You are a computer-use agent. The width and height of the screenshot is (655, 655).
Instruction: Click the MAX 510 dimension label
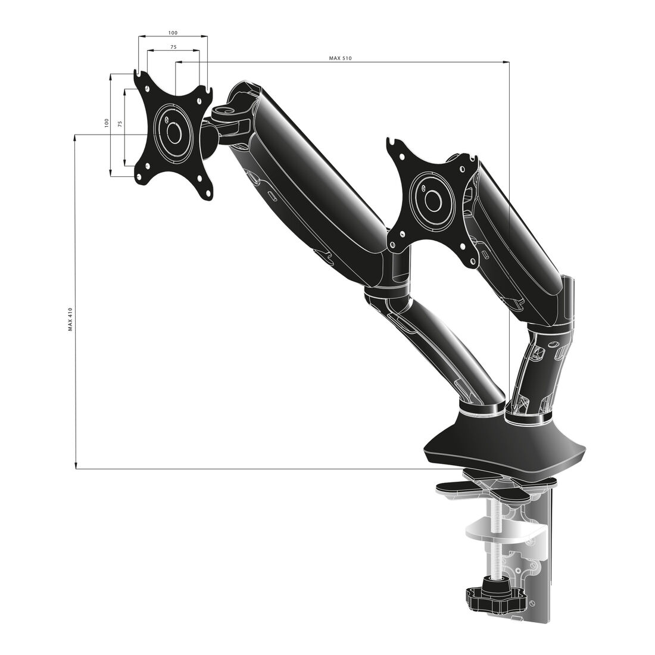coord(340,58)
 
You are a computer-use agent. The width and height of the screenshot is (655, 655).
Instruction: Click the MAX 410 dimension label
coord(70,320)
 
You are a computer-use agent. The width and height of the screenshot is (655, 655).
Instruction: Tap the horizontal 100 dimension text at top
coord(173,33)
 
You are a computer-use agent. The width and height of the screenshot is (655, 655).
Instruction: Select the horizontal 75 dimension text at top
coord(173,47)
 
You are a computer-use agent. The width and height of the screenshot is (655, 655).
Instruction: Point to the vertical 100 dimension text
coord(107,123)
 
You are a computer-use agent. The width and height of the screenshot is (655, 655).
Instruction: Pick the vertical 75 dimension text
coord(120,123)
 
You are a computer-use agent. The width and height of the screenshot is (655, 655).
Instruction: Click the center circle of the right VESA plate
coord(432,201)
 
